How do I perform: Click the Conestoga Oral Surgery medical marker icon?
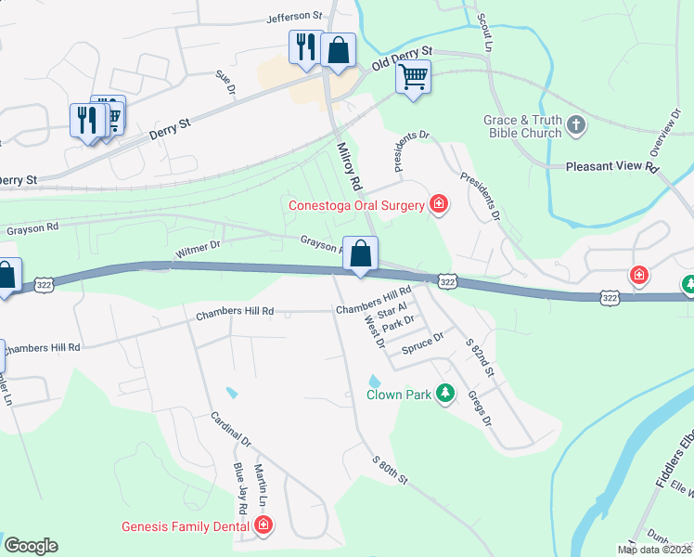[439, 205]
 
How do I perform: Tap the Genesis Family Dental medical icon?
[263, 527]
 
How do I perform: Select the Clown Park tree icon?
[445, 395]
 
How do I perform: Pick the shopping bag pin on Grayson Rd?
[360, 253]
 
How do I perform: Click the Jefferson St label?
[293, 17]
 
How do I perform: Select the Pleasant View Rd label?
[611, 168]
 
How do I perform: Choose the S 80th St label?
[390, 469]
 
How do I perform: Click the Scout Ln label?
[483, 30]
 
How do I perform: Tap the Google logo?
[31, 546]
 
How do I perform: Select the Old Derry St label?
[403, 58]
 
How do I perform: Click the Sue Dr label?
[225, 84]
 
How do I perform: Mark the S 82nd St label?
[482, 359]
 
